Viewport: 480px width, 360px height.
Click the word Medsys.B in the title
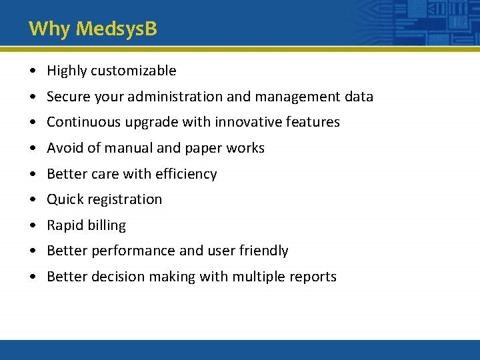[117, 29]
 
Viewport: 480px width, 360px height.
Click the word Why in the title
[50, 29]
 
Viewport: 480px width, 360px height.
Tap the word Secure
[67, 97]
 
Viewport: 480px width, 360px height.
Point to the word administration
[175, 97]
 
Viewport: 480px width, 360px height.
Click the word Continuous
[79, 122]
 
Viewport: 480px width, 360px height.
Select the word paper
[202, 148]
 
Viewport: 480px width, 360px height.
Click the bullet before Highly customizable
[33, 71]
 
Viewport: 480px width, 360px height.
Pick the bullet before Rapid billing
[33, 225]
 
